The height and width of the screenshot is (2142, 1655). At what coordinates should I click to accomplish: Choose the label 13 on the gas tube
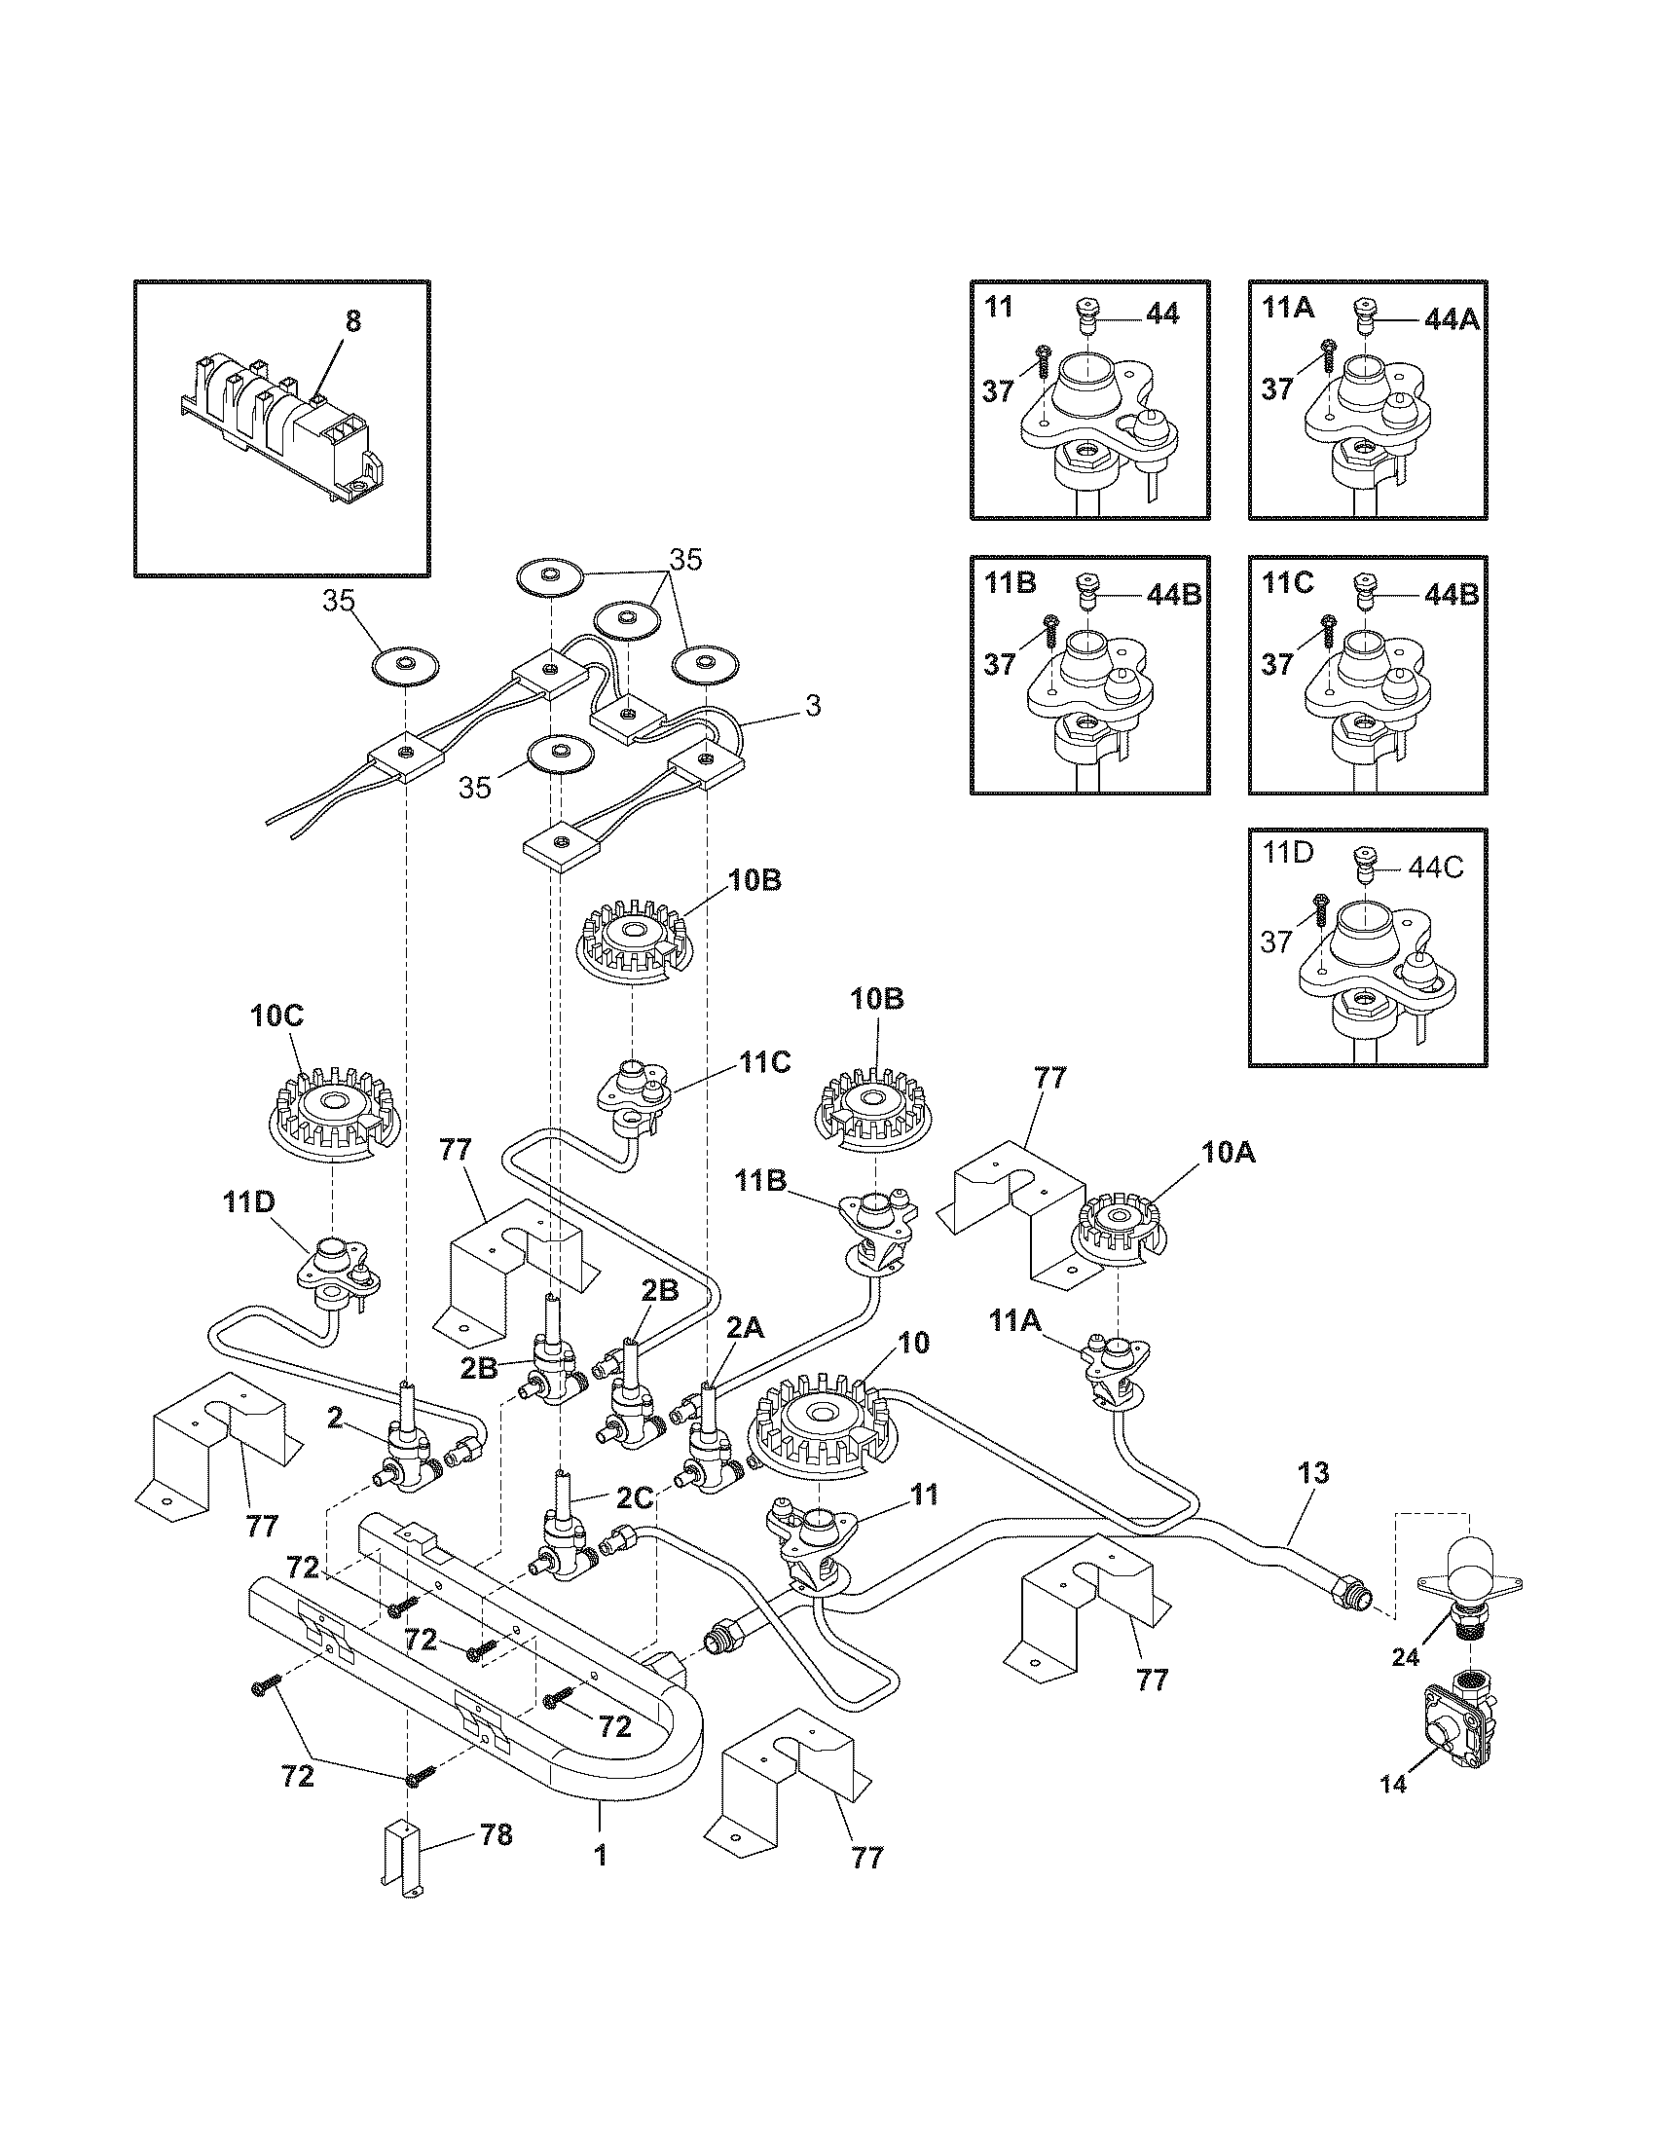pyautogui.click(x=1313, y=1499)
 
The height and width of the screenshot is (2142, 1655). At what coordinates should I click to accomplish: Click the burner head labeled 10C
pyautogui.click(x=334, y=1113)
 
